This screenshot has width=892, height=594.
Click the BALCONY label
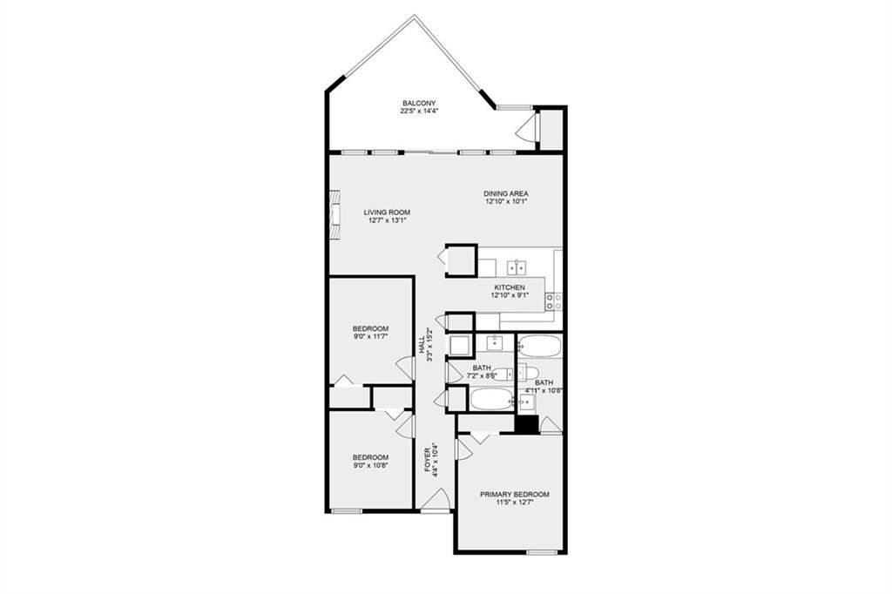pos(419,103)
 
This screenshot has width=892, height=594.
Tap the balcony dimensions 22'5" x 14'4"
pos(419,111)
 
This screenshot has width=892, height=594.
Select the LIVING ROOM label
pos(387,213)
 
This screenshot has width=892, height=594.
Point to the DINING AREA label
pos(506,193)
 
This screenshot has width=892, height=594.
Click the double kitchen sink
pos(517,267)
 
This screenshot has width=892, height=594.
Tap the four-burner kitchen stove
pos(554,301)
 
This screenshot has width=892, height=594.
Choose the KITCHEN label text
pos(509,287)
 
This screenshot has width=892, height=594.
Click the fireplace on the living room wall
pos(335,214)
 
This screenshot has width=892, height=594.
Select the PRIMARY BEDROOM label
pos(514,495)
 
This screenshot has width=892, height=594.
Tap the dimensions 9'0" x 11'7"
pos(370,337)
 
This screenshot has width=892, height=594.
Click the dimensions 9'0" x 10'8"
pos(370,465)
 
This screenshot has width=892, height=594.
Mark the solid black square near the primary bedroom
pos(527,424)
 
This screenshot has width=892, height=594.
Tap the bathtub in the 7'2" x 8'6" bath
pos(491,399)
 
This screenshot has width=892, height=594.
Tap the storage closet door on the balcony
pos(527,127)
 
